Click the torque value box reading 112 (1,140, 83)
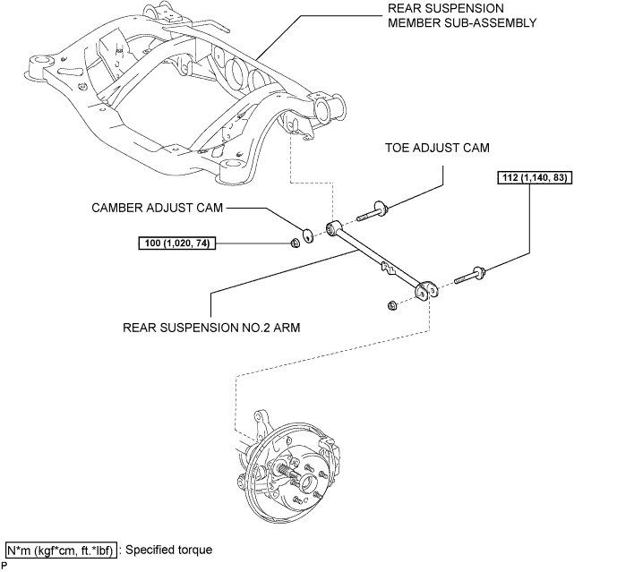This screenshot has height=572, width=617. coord(534,177)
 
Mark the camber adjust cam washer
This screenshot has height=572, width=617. coord(308,235)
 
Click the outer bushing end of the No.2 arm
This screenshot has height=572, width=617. coord(427,288)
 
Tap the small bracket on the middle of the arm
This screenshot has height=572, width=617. coord(386,265)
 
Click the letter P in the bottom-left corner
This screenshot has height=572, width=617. coord(4,566)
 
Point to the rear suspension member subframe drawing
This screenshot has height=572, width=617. coord(179,98)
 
